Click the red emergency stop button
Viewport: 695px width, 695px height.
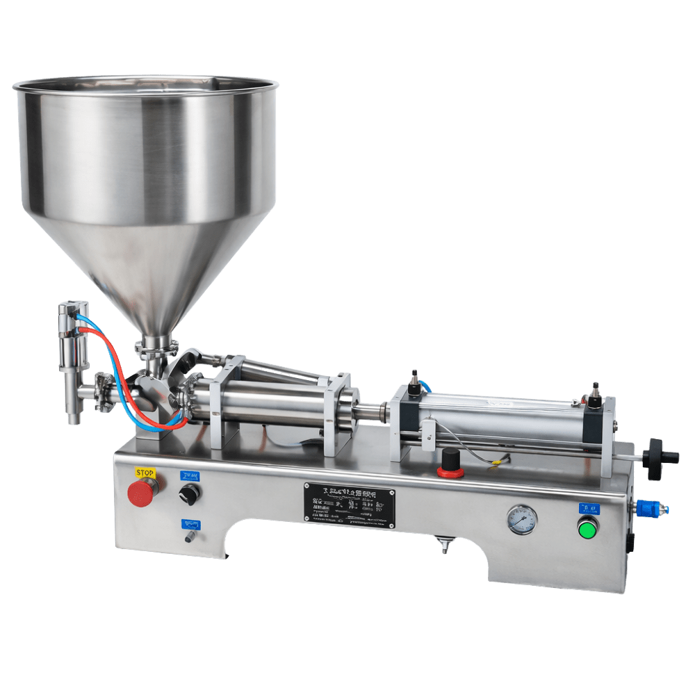142,493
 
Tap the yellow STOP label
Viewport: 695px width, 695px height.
145,473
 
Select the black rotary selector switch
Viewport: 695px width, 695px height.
189,494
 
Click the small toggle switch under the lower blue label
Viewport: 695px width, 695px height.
189,537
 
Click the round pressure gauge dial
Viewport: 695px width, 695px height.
522,518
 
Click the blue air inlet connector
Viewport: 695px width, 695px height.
653,509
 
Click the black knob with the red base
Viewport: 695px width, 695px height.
451,462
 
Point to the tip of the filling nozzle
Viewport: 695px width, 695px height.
72,419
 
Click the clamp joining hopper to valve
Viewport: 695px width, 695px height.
157,345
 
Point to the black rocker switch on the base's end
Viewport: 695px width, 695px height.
630,541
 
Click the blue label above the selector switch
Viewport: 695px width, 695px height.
189,476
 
